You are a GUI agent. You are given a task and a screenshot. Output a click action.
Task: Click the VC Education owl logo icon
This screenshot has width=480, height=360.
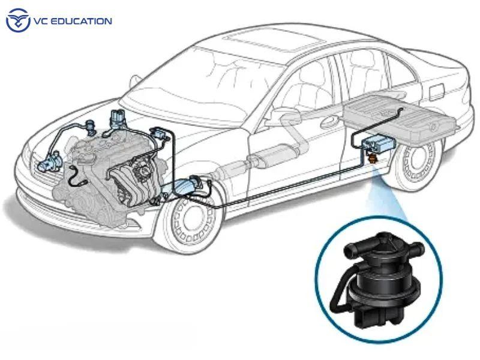click(x=18, y=20)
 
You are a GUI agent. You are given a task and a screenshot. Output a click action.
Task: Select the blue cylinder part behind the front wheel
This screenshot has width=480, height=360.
click(x=196, y=182)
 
